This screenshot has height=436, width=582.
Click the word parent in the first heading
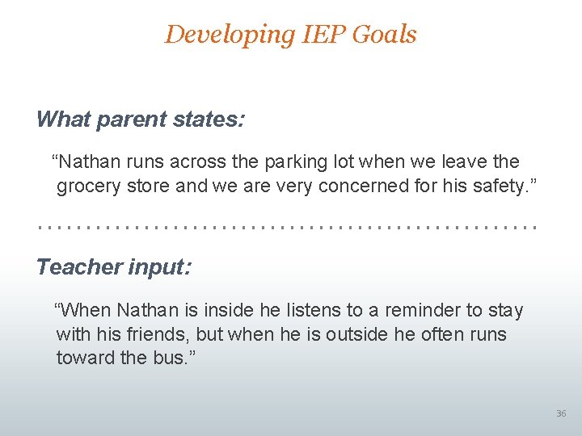(x=129, y=120)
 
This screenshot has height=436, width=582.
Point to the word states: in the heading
(x=206, y=120)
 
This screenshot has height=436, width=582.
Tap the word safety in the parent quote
(x=494, y=186)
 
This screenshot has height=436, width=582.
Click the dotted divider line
(x=287, y=228)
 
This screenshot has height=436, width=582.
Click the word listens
(x=289, y=311)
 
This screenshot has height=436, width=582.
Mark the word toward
(x=85, y=358)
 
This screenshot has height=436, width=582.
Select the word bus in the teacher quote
(x=165, y=358)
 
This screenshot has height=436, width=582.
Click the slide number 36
(x=561, y=413)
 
